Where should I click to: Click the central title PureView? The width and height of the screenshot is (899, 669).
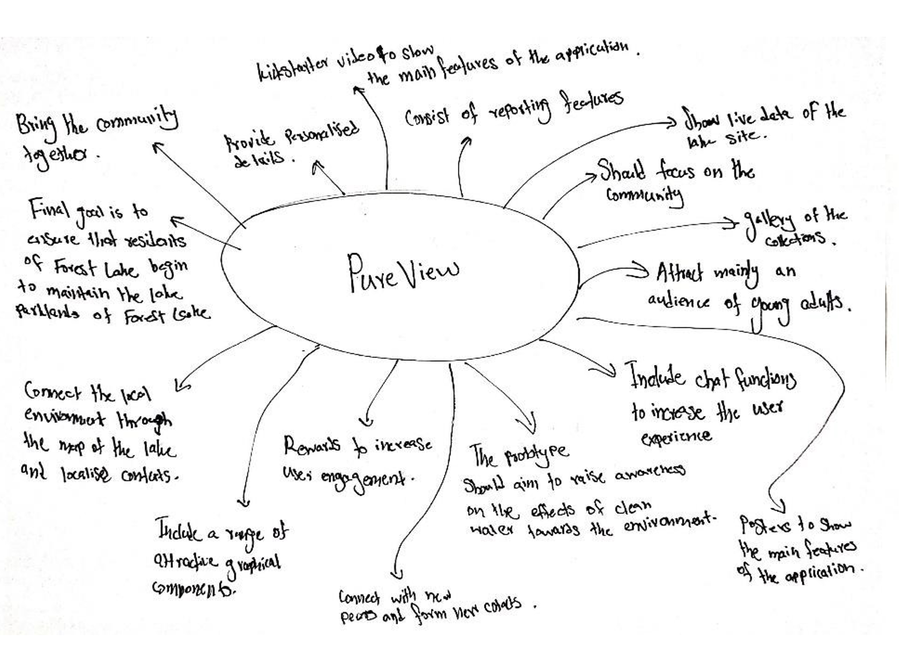(x=402, y=272)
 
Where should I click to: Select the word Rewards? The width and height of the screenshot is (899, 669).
(x=312, y=446)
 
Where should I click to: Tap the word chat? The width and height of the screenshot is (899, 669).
(x=712, y=379)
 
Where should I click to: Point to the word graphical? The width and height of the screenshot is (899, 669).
(x=253, y=562)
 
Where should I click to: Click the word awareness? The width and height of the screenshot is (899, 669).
(x=650, y=473)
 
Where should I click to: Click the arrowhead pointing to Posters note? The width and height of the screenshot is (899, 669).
(x=779, y=508)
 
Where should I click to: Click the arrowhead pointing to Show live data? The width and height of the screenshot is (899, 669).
(x=672, y=122)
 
